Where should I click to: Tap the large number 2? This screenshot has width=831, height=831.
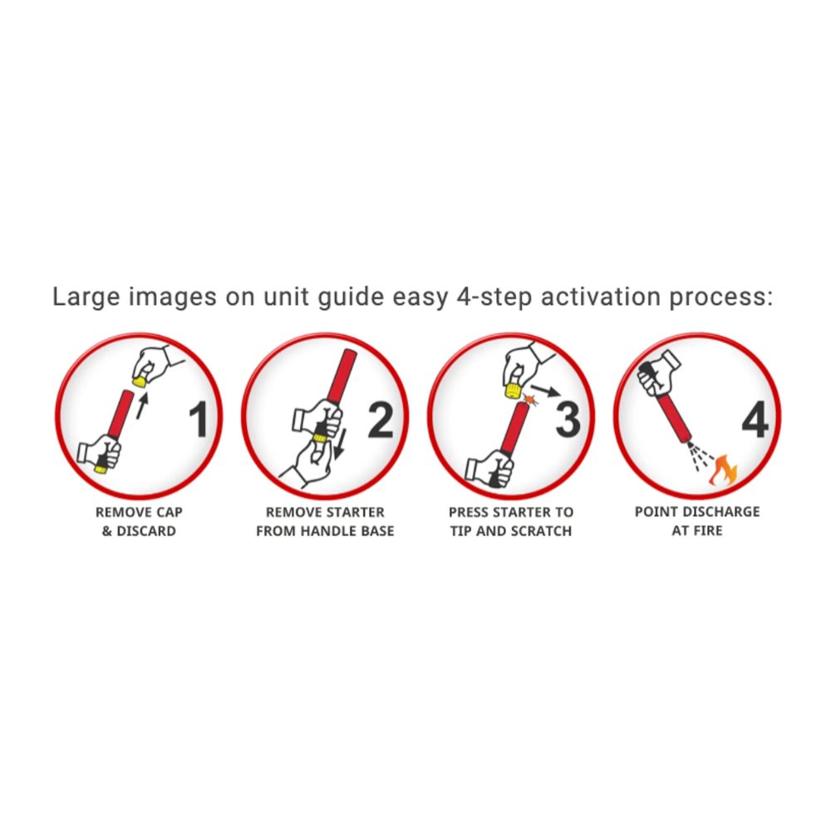pyautogui.click(x=381, y=420)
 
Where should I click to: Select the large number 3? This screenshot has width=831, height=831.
pyautogui.click(x=568, y=420)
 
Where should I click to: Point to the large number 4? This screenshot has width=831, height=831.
pyautogui.click(x=755, y=420)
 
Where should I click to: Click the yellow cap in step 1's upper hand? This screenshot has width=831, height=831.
pyautogui.click(x=140, y=381)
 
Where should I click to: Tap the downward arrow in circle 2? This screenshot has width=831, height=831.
pyautogui.click(x=342, y=443)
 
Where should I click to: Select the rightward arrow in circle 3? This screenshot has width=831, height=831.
pyautogui.click(x=544, y=390)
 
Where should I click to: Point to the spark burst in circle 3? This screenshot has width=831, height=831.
pyautogui.click(x=530, y=400)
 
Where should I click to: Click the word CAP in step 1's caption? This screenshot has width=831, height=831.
pyautogui.click(x=168, y=512)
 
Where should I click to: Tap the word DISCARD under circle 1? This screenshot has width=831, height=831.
pyautogui.click(x=145, y=530)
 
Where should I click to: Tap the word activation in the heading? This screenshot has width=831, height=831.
pyautogui.click(x=601, y=297)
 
